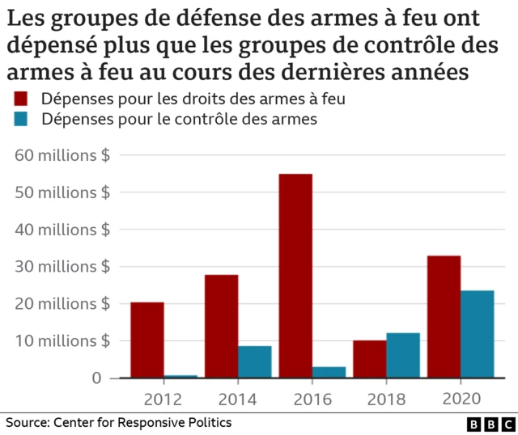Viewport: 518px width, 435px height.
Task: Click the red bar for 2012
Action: tap(146, 340)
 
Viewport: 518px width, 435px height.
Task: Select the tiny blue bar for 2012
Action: tap(180, 376)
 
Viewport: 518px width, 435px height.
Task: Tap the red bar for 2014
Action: tap(221, 326)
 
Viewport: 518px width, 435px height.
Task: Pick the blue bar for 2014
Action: tap(255, 361)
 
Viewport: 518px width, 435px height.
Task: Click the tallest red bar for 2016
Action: tap(295, 276)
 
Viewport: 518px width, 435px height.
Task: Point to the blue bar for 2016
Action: tap(329, 372)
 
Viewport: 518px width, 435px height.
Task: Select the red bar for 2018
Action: tap(369, 359)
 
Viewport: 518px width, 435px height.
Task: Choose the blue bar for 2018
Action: tap(403, 355)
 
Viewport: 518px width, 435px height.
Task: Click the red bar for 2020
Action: tap(444, 317)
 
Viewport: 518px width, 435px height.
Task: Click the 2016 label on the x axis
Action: tap(312, 399)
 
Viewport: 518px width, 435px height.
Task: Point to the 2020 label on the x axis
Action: tap(461, 399)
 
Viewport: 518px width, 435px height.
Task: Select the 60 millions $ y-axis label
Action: tap(62, 154)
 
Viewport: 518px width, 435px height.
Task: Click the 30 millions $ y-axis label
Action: tap(62, 266)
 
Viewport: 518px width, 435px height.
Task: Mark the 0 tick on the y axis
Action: tap(96, 378)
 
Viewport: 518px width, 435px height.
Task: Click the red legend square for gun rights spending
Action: tap(21, 99)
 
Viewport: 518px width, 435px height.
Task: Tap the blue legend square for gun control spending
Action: tap(21, 119)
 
